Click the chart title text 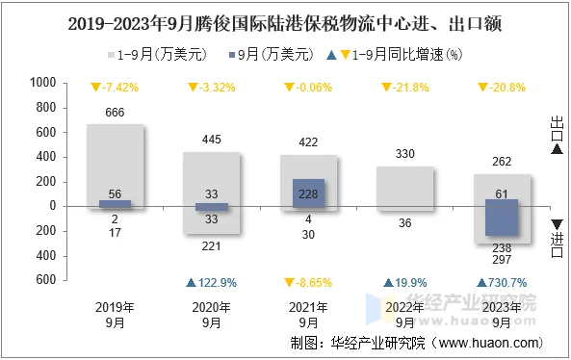click(x=285, y=20)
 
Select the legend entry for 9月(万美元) click(x=273, y=55)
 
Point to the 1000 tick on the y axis click(x=43, y=84)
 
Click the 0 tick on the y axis click(x=54, y=206)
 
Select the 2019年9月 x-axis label click(x=115, y=315)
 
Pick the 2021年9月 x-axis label click(x=308, y=315)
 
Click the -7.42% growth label click(x=115, y=89)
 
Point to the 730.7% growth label click(x=502, y=283)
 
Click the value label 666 click(x=115, y=114)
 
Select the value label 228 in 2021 click(x=308, y=193)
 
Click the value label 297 click(x=502, y=261)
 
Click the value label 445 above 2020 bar click(x=212, y=141)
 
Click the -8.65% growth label click(x=308, y=283)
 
